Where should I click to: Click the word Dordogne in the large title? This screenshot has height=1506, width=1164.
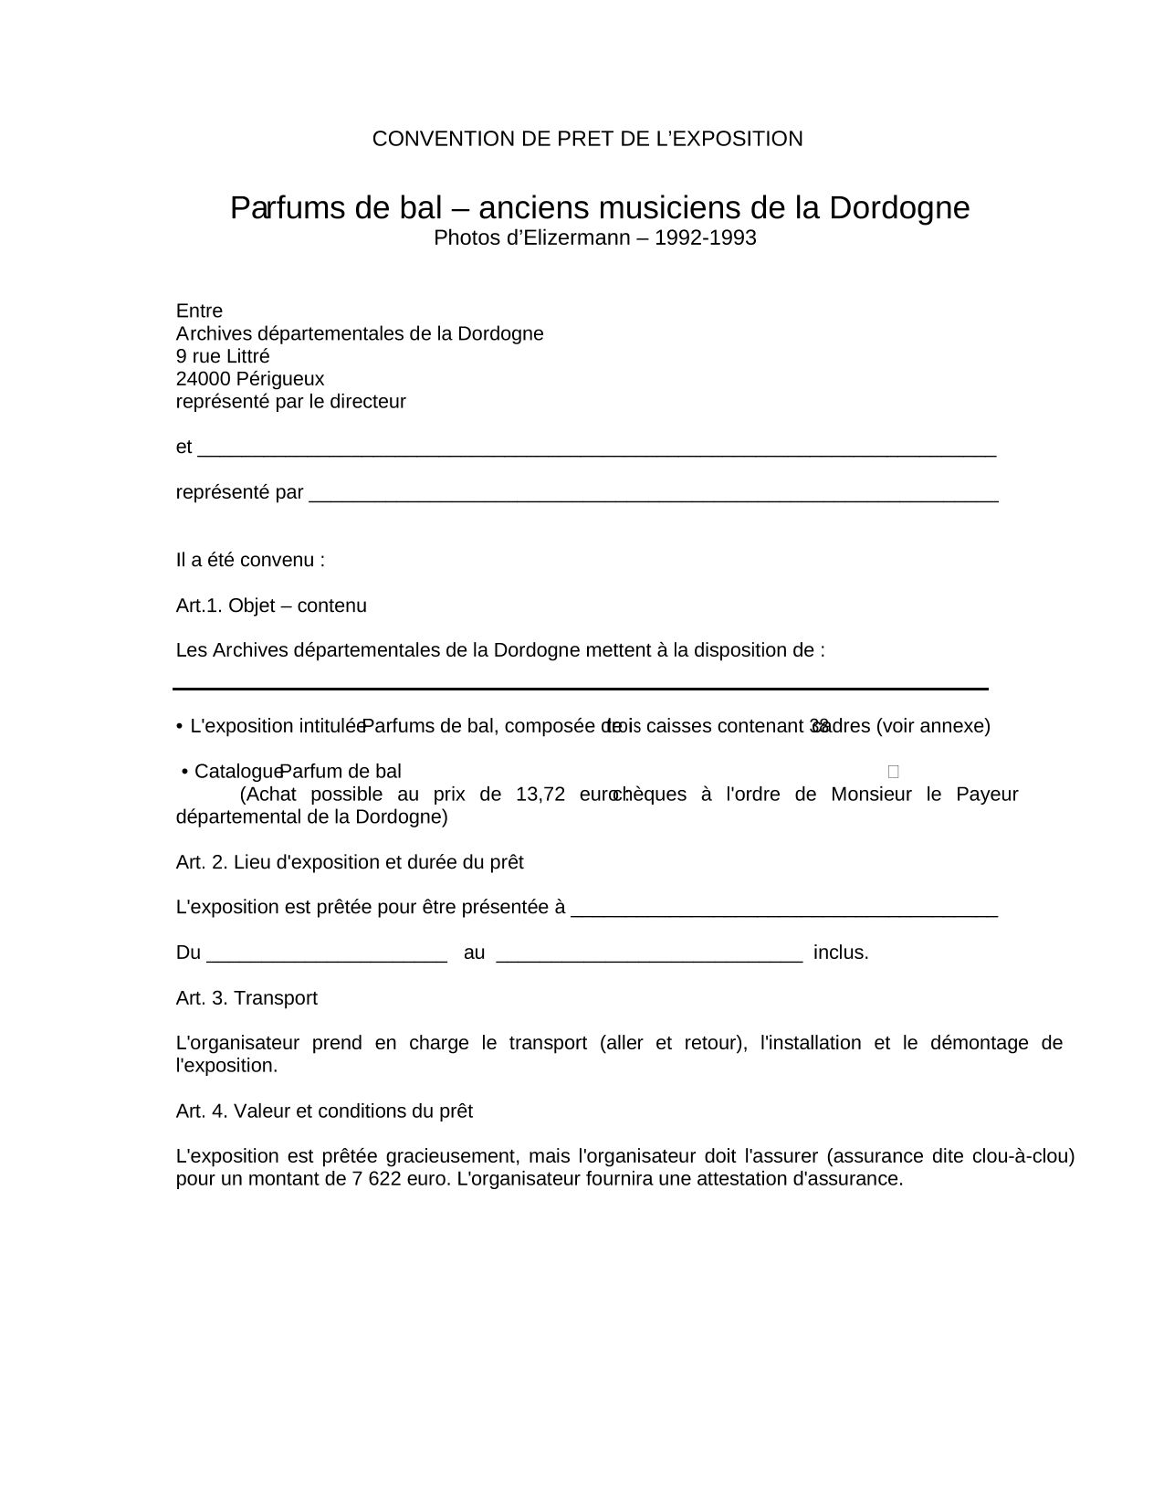tap(899, 208)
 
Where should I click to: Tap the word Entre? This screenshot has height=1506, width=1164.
tap(199, 311)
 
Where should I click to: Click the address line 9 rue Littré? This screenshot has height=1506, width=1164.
tap(223, 356)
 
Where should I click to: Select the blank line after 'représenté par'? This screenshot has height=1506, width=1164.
tap(654, 495)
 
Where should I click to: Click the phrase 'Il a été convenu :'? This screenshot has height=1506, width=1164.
tap(250, 560)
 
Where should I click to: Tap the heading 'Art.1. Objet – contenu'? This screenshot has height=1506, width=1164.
tap(271, 606)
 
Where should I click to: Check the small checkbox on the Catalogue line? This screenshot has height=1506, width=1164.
tap(893, 772)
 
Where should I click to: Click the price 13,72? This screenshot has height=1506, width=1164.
tap(540, 794)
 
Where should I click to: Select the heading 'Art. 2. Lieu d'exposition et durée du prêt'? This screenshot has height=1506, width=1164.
tap(350, 862)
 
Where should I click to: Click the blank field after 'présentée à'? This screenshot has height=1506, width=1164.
tap(784, 910)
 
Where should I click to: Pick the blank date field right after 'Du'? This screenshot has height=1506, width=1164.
tap(327, 955)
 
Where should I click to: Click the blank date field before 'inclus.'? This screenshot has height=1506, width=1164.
tap(649, 955)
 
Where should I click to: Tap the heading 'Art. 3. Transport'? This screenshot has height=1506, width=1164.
tap(246, 998)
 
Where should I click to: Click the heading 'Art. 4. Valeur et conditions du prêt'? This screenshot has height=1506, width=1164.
tap(324, 1111)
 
